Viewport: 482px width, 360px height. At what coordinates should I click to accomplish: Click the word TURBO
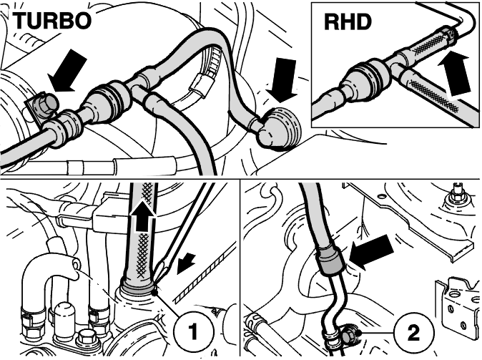click(51, 21)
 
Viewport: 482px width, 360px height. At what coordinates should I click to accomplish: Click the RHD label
click(348, 22)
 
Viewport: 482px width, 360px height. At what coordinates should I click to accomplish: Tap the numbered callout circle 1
click(194, 332)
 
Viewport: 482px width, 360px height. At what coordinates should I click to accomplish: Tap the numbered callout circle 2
click(413, 333)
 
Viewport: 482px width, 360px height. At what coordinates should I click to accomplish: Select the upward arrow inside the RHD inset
click(454, 75)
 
